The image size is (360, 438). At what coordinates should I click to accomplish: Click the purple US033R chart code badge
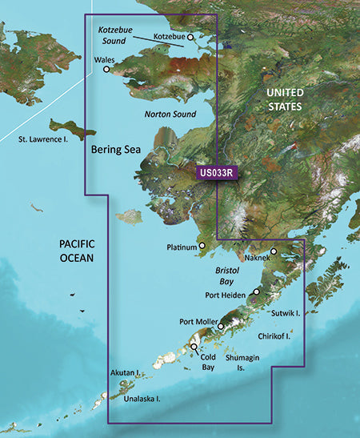point(217,172)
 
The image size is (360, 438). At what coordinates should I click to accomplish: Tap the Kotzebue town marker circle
point(190,37)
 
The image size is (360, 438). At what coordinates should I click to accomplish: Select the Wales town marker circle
point(107,70)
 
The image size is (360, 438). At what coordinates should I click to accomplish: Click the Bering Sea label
point(114,149)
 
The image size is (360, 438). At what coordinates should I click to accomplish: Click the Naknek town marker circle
point(274,252)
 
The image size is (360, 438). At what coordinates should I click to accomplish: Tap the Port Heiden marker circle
point(256,292)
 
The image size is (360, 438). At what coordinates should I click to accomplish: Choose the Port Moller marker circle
point(221,326)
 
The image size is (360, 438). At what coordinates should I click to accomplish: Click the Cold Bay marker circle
point(193,347)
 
